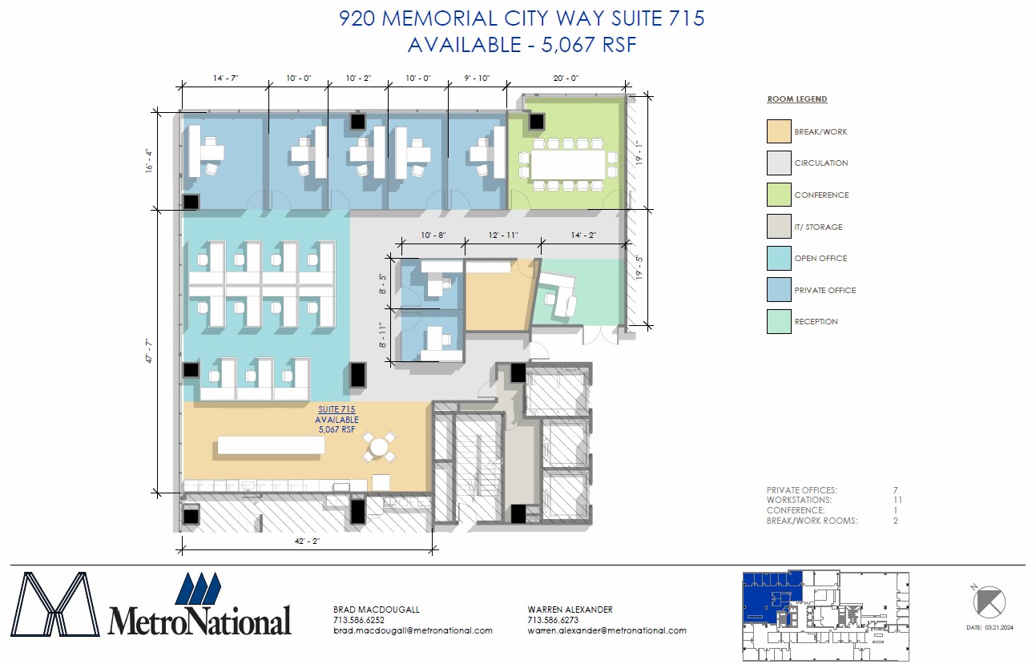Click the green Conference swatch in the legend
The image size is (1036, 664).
[779, 195]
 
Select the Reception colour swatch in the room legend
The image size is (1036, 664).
[779, 321]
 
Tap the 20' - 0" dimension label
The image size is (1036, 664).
[566, 78]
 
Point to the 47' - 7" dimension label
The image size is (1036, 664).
[149, 351]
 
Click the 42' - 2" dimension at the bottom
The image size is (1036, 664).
[307, 541]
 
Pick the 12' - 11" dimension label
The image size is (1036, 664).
[503, 235]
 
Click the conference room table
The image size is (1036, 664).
[568, 164]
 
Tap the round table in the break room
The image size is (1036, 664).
[379, 447]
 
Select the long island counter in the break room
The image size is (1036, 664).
[271, 445]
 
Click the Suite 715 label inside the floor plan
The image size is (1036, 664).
[337, 409]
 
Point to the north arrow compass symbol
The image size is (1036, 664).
[989, 602]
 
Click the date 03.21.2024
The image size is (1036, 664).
[999, 627]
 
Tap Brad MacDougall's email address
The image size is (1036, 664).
[413, 630]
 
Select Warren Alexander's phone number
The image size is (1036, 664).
[553, 620]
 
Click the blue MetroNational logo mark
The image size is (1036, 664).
[198, 588]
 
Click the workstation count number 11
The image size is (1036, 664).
[897, 500]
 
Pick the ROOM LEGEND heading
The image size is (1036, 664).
[797, 99]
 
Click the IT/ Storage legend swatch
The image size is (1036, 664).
[779, 227]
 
